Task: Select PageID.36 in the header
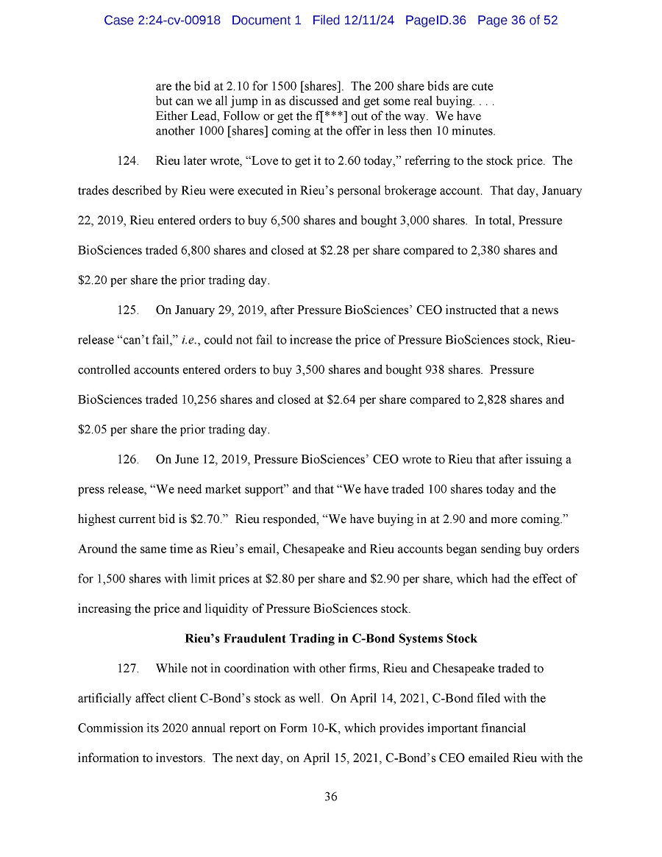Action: [435, 21]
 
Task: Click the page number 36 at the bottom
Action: [330, 797]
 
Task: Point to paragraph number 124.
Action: [128, 161]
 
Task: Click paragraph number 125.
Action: [128, 310]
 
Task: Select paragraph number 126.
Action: [128, 460]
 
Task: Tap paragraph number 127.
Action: [128, 669]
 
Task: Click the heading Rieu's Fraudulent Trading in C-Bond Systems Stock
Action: [331, 639]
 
